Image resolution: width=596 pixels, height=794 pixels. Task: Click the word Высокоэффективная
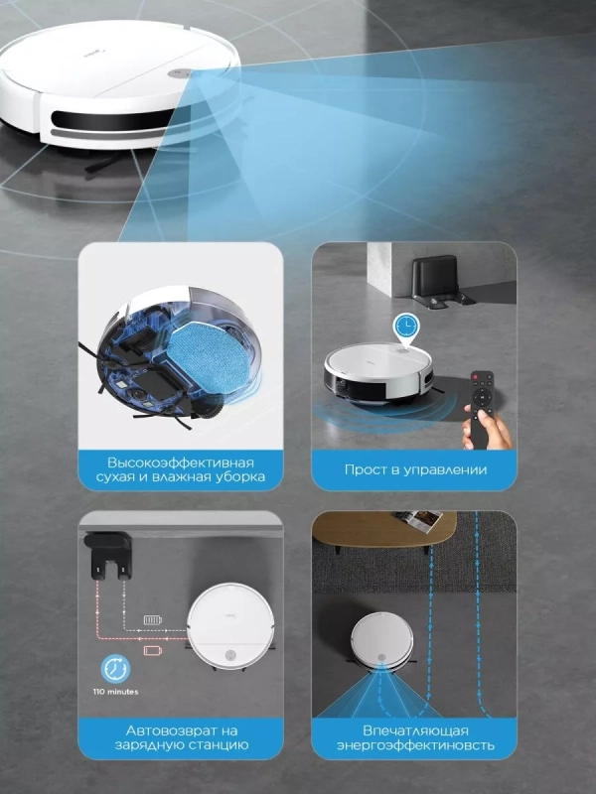tap(181, 463)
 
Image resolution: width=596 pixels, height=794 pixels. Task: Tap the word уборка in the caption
tap(238, 477)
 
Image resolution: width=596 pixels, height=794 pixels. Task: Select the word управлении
tap(445, 469)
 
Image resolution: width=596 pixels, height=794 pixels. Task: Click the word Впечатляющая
tap(415, 730)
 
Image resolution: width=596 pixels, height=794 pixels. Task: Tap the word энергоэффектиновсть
tap(415, 745)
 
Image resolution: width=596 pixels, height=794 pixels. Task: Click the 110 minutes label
tap(115, 692)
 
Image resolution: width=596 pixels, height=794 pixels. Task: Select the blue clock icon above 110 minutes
tap(115, 668)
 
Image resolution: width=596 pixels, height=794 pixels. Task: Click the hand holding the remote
tap(487, 430)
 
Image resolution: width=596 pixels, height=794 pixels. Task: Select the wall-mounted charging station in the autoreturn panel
tap(108, 555)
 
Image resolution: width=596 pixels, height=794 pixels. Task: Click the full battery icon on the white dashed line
tap(153, 619)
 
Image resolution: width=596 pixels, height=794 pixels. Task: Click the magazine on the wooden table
tap(417, 520)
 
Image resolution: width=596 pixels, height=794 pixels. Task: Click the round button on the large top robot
tap(179, 72)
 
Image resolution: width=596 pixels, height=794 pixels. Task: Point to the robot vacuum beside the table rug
tap(382, 640)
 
